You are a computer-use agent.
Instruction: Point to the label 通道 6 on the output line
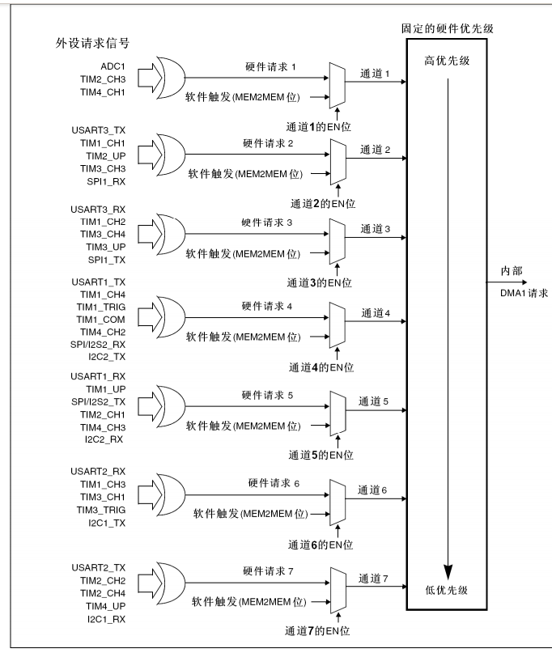tap(373, 490)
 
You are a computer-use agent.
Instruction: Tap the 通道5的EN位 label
tap(322, 455)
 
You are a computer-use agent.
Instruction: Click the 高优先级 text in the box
tap(447, 61)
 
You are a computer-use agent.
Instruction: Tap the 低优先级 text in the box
tap(448, 591)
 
